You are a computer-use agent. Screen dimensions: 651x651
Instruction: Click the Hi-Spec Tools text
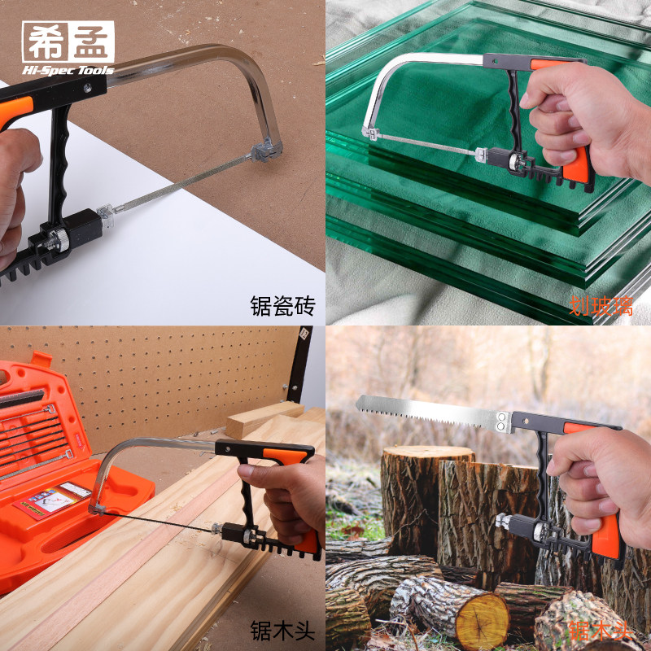tap(68, 70)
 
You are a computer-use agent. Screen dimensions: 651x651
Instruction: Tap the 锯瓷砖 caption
tap(282, 306)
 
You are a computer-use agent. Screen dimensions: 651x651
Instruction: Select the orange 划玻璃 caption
tap(601, 308)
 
